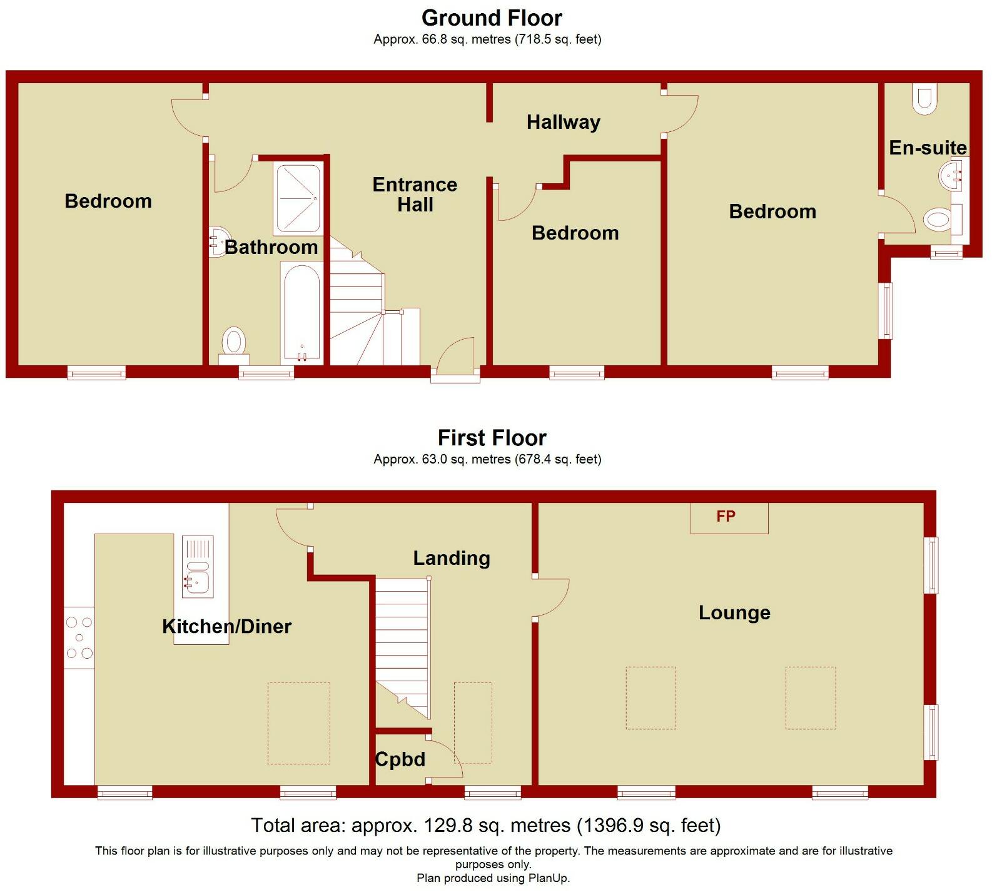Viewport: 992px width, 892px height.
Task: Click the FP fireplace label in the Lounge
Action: pos(726,517)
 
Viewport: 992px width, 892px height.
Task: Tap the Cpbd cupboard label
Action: pos(400,759)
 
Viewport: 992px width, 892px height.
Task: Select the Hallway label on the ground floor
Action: pos(563,122)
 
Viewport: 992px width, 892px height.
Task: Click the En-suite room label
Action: pos(928,148)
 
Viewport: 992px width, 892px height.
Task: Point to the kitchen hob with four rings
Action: pos(79,637)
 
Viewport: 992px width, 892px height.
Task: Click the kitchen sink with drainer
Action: pos(198,565)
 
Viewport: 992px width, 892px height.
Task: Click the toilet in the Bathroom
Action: pos(234,343)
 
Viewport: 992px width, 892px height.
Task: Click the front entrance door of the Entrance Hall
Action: pos(455,359)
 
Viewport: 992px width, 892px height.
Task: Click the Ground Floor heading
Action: pos(492,18)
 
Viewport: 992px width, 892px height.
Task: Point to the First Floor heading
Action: pos(492,437)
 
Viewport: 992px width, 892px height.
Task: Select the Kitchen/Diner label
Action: pos(226,626)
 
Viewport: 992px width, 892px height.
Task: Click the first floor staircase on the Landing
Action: pos(403,644)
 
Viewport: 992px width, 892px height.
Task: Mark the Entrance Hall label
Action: pos(415,195)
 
